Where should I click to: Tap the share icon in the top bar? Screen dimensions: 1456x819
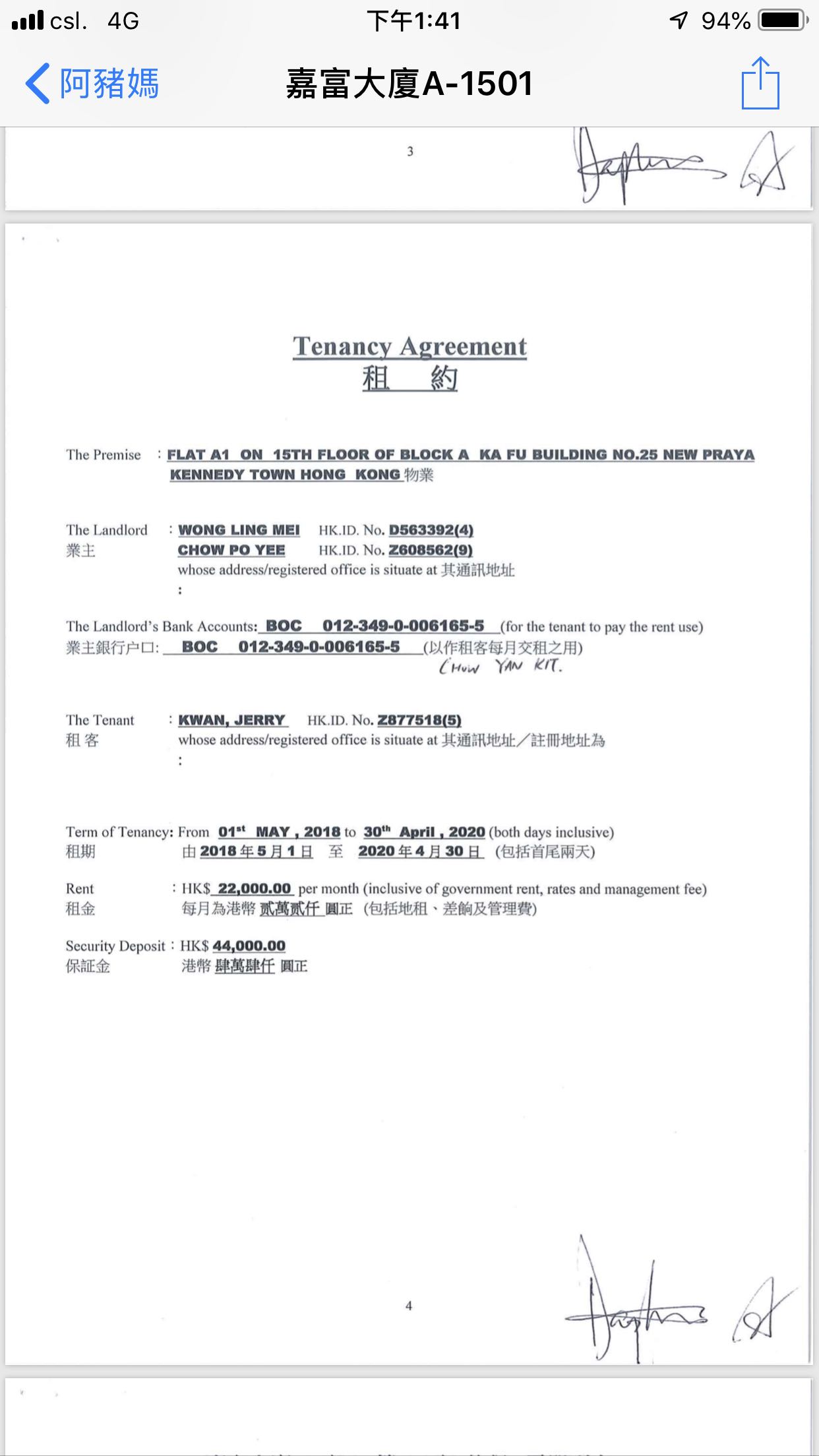click(760, 84)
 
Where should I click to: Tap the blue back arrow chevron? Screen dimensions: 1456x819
click(38, 84)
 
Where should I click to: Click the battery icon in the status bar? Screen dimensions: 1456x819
click(783, 20)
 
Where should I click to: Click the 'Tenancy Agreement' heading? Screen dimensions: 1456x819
click(409, 346)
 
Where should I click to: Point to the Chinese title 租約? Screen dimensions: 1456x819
click(409, 379)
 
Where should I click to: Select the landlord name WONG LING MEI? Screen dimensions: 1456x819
click(239, 530)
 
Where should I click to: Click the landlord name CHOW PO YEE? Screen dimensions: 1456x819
click(231, 550)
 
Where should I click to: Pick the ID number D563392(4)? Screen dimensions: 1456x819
click(431, 530)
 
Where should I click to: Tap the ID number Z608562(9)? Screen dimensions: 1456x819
click(431, 550)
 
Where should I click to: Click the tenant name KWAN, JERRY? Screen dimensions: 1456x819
click(232, 720)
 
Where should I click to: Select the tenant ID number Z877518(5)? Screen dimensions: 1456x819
click(419, 720)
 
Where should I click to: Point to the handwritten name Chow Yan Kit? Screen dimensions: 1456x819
click(501, 667)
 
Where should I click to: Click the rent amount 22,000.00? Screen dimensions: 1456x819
click(255, 889)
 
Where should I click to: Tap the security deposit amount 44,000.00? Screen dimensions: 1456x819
click(249, 946)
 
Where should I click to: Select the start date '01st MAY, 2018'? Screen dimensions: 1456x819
click(279, 832)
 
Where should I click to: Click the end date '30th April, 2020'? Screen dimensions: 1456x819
click(424, 832)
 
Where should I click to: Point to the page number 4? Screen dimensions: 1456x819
click(409, 1306)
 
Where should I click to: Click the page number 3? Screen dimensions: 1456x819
click(410, 152)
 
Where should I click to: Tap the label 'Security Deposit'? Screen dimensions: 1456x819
click(115, 946)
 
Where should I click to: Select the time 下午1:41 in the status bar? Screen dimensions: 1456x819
click(413, 21)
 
